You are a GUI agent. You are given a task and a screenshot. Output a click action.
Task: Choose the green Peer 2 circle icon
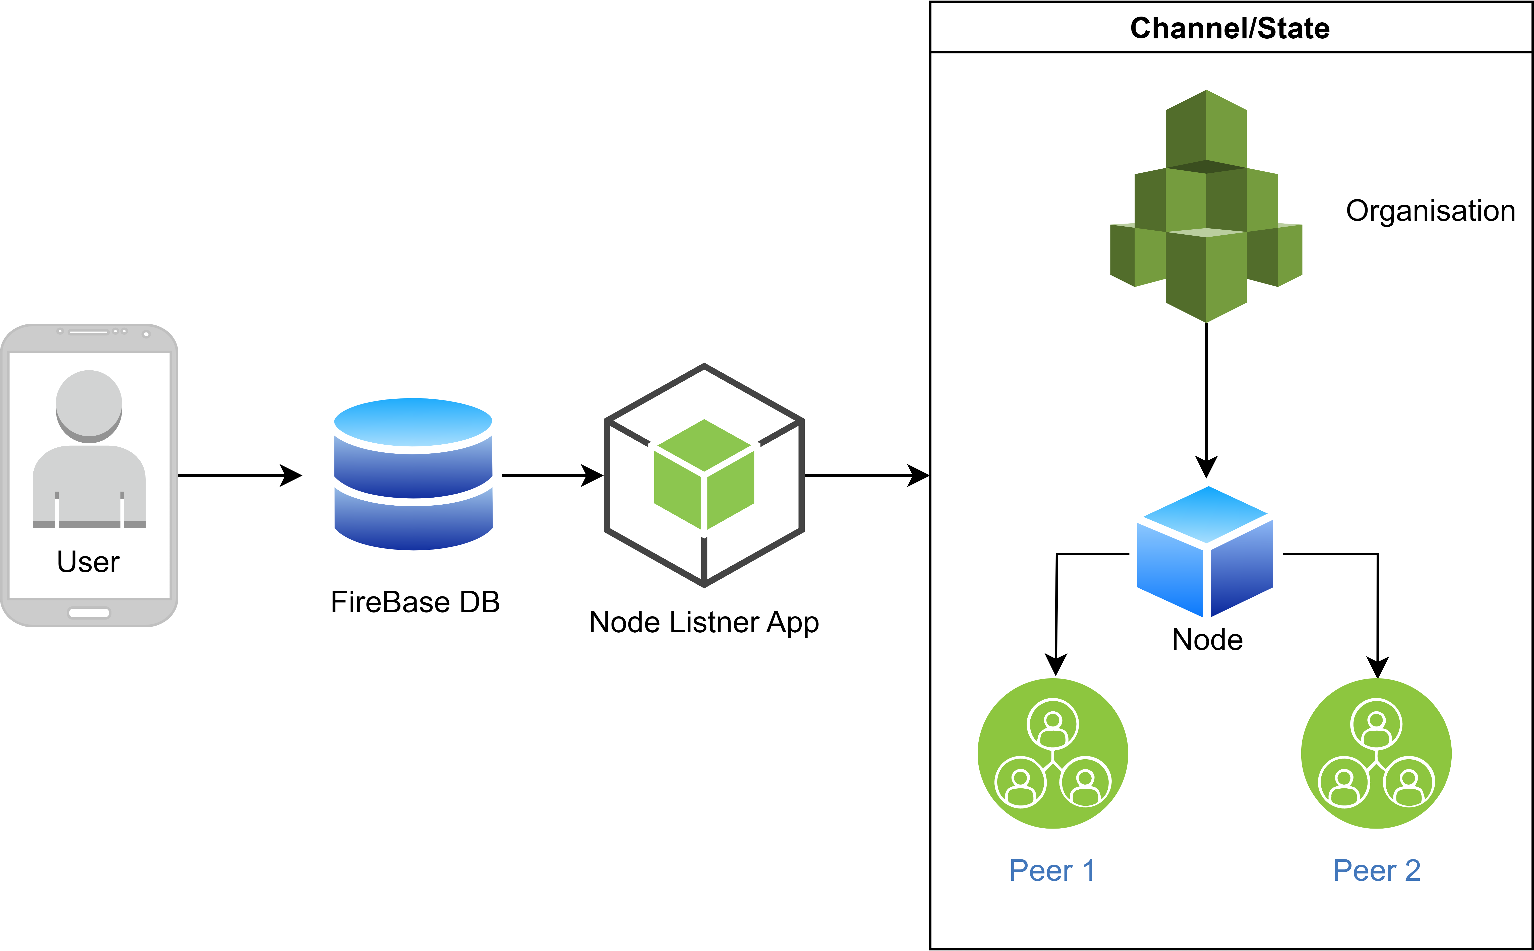(x=1376, y=754)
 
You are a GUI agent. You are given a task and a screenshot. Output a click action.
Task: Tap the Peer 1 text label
(x=1052, y=870)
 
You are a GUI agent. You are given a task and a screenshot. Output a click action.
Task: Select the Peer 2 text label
(x=1377, y=870)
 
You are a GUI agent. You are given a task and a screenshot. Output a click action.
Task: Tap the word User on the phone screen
(x=88, y=562)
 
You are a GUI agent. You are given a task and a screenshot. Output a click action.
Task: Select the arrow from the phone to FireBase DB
(x=239, y=475)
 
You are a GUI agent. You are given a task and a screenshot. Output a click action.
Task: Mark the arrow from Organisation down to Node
(x=1206, y=396)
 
